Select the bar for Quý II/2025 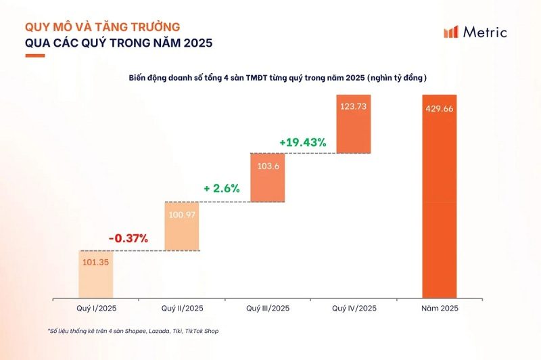click(x=183, y=226)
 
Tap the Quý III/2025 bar click(x=268, y=177)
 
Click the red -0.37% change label click(x=128, y=238)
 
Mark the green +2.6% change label click(x=222, y=189)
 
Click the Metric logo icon click(x=450, y=32)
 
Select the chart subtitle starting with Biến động click(x=277, y=78)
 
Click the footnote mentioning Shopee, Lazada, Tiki click(x=133, y=332)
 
